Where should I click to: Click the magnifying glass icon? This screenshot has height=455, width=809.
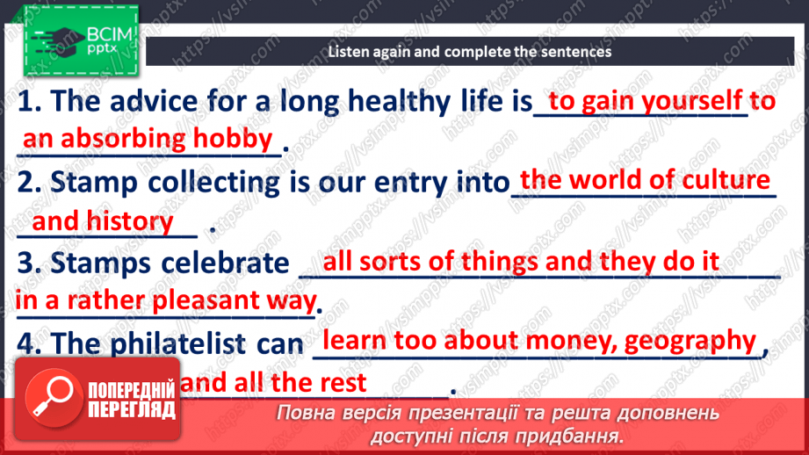click(53, 397)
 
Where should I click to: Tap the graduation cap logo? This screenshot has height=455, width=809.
click(58, 41)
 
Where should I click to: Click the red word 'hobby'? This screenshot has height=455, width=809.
click(233, 139)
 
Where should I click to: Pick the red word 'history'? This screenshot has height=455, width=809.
click(129, 222)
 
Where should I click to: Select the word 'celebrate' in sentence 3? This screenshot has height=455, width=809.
click(225, 264)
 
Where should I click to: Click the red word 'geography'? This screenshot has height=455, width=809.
click(690, 342)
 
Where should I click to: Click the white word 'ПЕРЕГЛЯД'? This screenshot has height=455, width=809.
click(132, 410)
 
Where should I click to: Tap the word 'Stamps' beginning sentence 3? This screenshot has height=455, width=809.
click(101, 264)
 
